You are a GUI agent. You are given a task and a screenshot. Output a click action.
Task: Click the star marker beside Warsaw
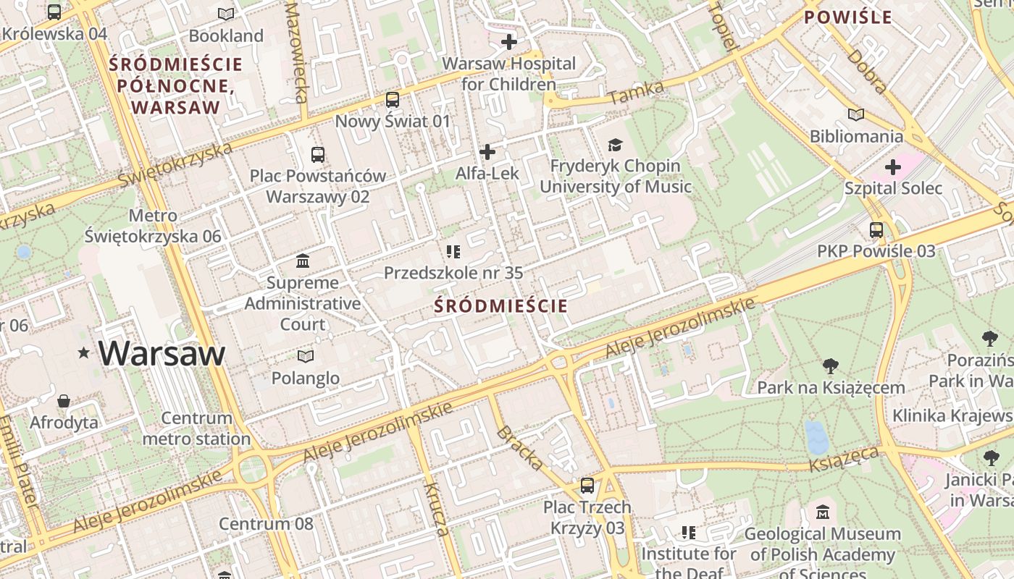(x=84, y=353)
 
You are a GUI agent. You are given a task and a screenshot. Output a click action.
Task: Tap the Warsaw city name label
(x=162, y=353)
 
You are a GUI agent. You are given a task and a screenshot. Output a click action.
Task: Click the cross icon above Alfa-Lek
(x=487, y=152)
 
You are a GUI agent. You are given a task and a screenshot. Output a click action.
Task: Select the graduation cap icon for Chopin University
(x=615, y=145)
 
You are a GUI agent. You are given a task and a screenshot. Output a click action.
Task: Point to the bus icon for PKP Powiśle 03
(x=876, y=230)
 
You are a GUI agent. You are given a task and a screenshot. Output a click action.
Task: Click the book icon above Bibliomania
(x=856, y=114)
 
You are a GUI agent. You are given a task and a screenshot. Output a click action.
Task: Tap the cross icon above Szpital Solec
(x=893, y=167)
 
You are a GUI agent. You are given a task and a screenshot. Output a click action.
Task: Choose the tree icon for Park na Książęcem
(x=831, y=366)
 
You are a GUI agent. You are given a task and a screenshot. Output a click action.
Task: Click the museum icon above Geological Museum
(x=822, y=512)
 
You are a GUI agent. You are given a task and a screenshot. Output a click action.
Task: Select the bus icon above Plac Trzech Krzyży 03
(x=587, y=486)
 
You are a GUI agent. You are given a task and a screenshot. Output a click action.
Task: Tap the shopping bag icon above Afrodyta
(x=64, y=400)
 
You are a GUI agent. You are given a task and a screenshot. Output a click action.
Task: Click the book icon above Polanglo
(x=306, y=356)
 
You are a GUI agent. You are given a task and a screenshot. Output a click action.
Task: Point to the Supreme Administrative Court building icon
(x=303, y=261)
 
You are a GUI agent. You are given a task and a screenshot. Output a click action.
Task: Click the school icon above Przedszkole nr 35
(x=453, y=251)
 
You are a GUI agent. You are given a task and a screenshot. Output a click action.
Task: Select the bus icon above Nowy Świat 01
(x=393, y=99)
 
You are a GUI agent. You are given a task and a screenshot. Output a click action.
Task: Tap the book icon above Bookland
(x=226, y=14)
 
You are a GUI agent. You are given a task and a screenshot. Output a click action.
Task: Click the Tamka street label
(x=636, y=92)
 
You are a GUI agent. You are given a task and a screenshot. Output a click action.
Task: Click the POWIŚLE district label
(x=848, y=17)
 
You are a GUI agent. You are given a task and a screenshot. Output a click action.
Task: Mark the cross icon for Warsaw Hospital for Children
(x=509, y=42)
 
